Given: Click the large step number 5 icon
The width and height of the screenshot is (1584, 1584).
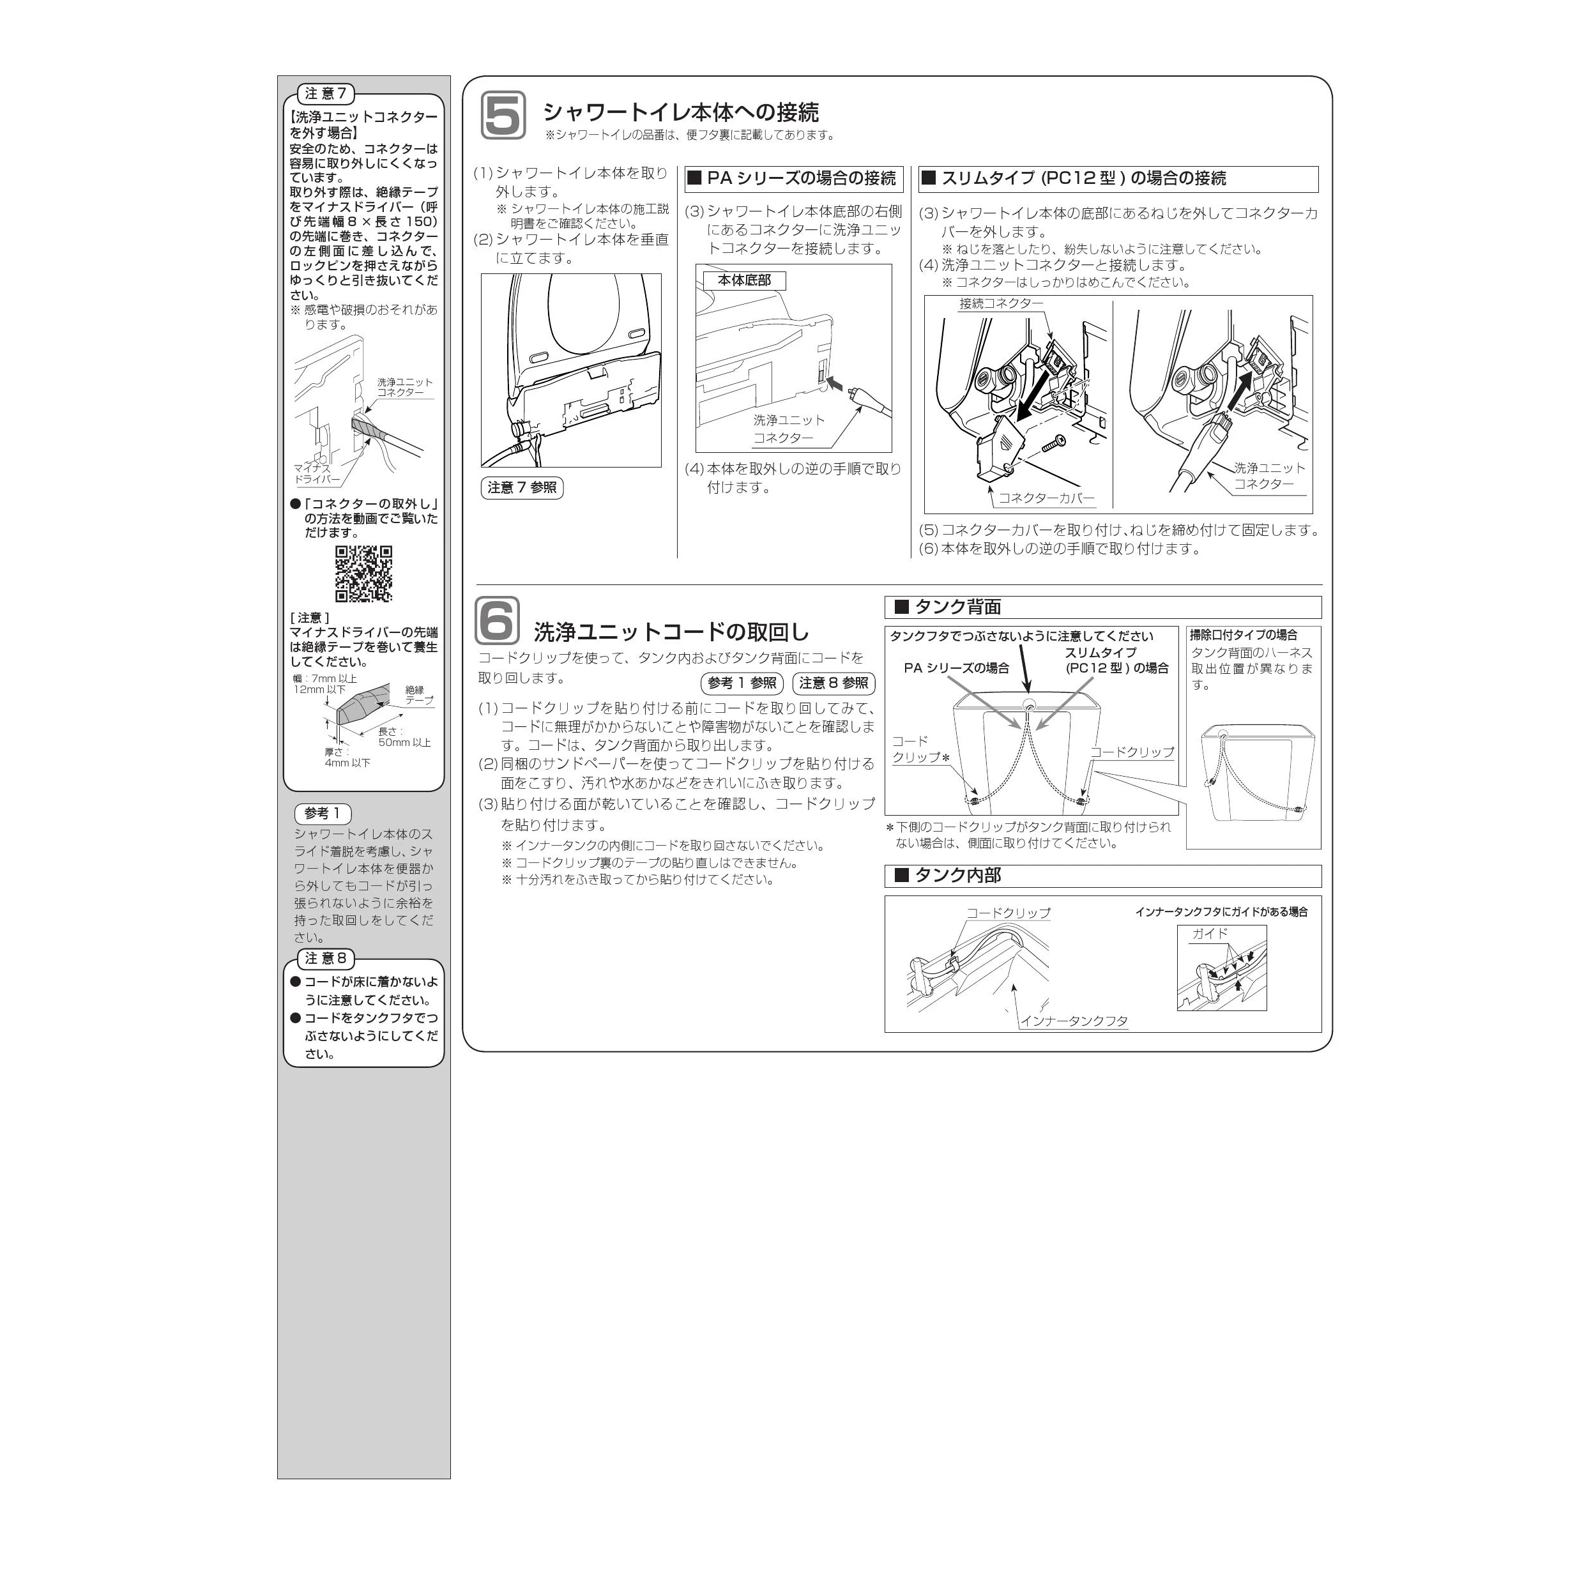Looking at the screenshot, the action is (503, 115).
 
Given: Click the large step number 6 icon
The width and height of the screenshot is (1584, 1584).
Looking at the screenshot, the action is (498, 621).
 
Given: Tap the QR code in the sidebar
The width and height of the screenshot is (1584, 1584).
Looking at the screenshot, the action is (363, 574).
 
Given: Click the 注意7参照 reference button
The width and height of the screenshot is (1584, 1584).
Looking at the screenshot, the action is (521, 488).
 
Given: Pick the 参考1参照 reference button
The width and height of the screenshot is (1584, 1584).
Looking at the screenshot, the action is (742, 683).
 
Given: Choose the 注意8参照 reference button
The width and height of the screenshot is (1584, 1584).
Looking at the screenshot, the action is (834, 683).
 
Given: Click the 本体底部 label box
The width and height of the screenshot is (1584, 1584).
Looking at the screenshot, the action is (745, 280).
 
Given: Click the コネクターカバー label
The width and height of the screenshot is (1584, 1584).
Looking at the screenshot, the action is (1046, 498).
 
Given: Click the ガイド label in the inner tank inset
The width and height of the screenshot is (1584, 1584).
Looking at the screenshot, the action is (1210, 933).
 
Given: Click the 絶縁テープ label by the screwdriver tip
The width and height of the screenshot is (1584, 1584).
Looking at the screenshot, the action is (419, 696).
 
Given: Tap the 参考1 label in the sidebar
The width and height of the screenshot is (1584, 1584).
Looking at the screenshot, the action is (322, 813).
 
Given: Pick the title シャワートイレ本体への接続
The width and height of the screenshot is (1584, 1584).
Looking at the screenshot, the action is (680, 112).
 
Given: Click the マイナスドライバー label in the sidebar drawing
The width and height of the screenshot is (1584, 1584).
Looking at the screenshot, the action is (316, 474).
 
